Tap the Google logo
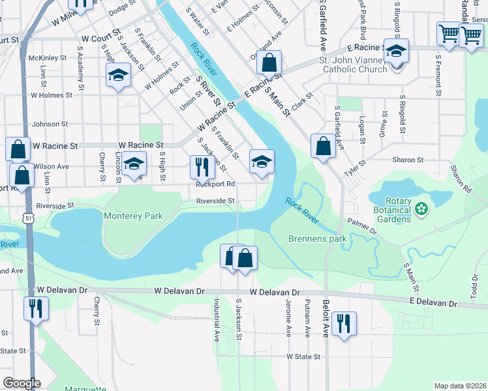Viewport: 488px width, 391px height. tap(22, 383)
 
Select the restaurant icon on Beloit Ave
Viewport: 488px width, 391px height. tap(343, 323)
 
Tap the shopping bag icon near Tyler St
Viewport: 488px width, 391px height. tap(323, 146)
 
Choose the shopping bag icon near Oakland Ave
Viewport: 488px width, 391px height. tap(268, 63)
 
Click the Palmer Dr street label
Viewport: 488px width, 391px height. tap(363, 227)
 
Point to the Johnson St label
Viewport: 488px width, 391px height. tap(50, 124)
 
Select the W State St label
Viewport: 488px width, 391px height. tap(303, 357)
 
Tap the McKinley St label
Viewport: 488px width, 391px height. tap(48, 57)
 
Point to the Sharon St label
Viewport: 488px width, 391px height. tap(408, 160)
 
